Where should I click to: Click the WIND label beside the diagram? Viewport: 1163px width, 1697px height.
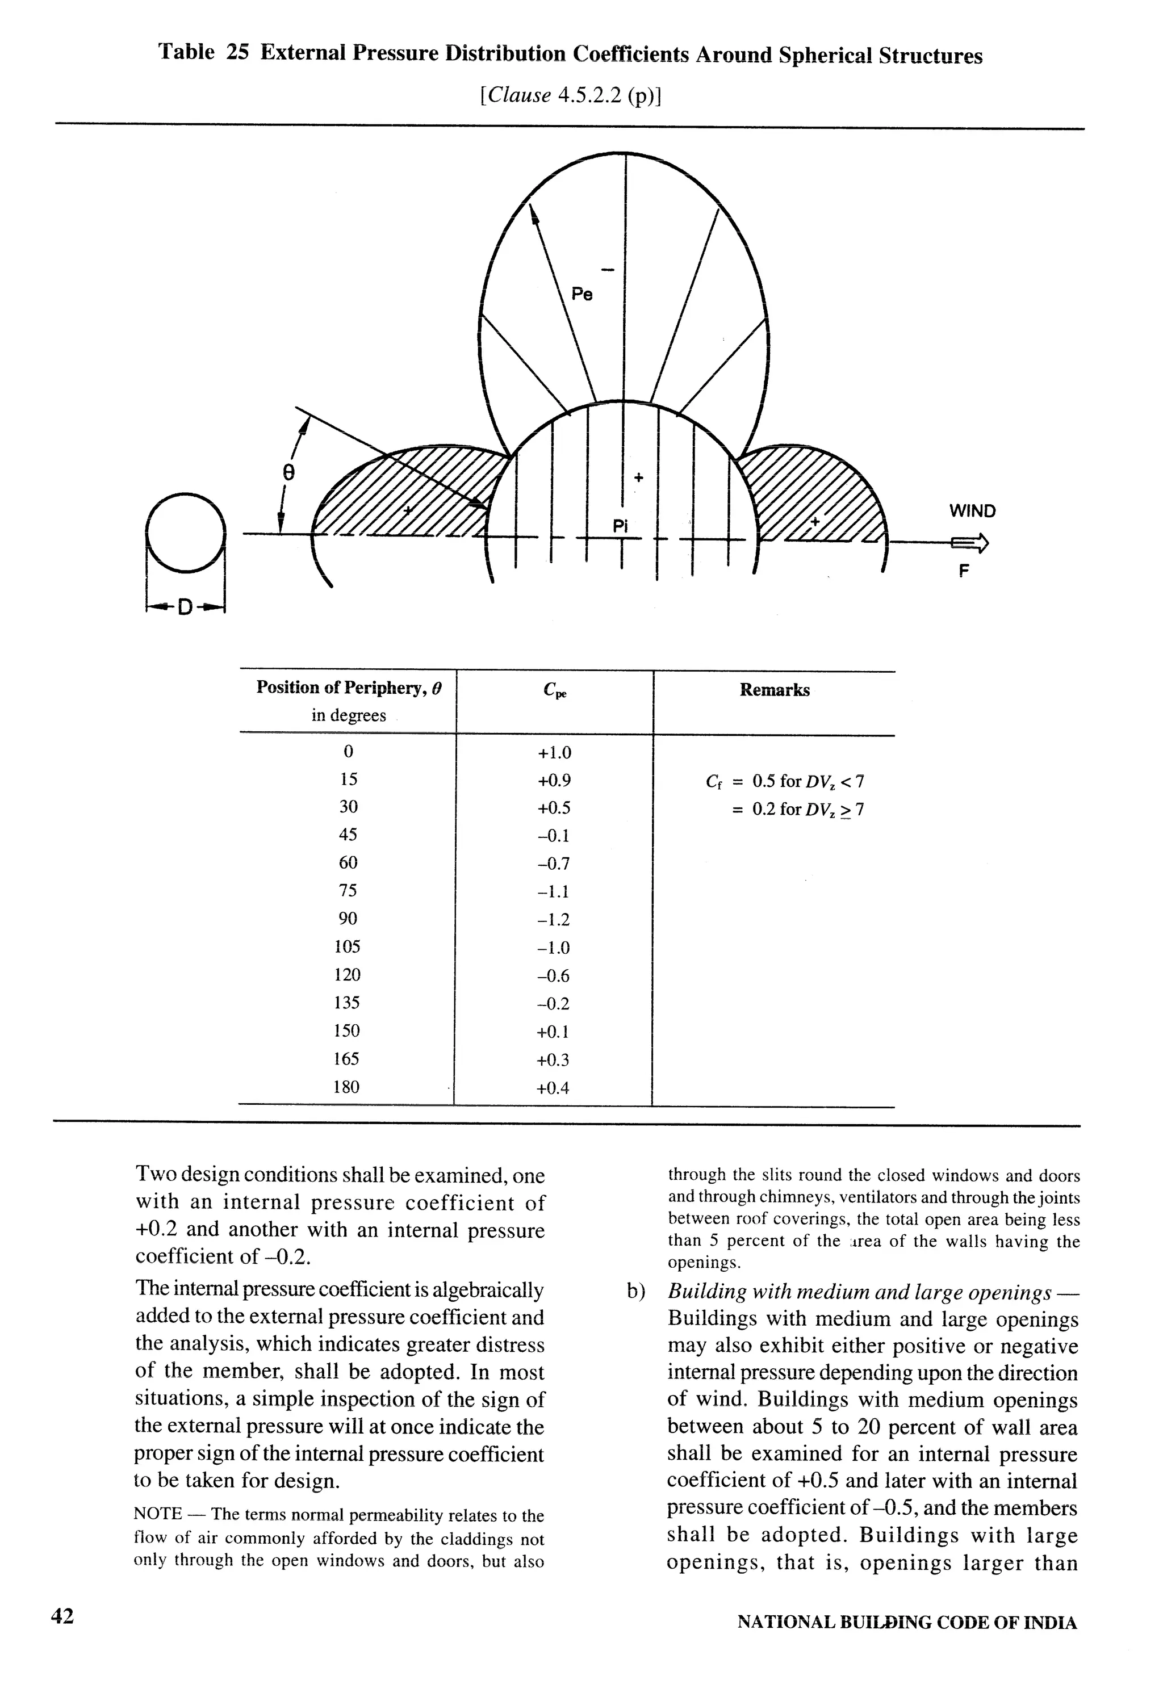[x=972, y=511]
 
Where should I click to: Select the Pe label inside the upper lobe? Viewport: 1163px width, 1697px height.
[x=581, y=294]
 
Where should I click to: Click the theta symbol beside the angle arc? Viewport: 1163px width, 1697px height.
[x=288, y=473]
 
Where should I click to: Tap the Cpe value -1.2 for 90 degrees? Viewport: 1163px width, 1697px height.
[x=553, y=919]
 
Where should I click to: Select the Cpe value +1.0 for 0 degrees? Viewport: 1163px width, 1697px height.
[x=554, y=752]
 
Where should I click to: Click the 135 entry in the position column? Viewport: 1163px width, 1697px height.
[x=347, y=1003]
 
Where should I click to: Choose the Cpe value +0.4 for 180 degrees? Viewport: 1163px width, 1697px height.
[x=553, y=1088]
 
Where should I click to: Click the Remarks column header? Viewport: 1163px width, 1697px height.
[x=775, y=690]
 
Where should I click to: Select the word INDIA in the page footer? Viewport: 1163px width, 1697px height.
[x=1050, y=1623]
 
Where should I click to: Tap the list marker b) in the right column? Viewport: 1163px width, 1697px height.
[x=636, y=1292]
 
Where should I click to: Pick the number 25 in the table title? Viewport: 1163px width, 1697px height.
[x=237, y=53]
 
